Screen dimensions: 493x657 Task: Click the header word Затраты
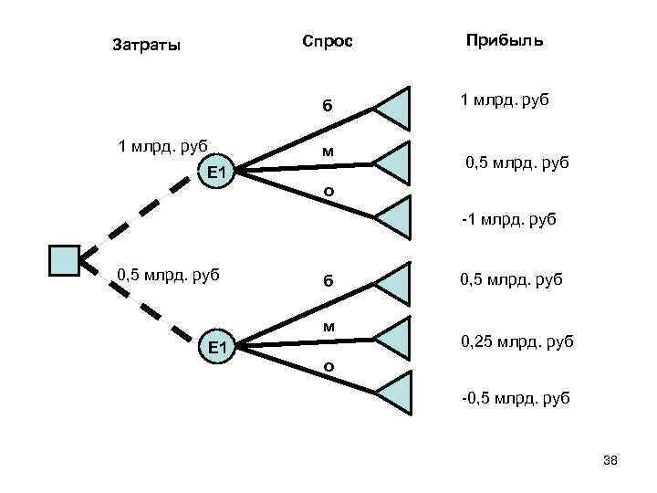[x=146, y=44]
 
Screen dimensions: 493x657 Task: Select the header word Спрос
[x=327, y=42]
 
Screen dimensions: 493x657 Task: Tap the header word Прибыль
[x=505, y=41]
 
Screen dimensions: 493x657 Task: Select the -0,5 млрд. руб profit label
[x=516, y=398]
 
